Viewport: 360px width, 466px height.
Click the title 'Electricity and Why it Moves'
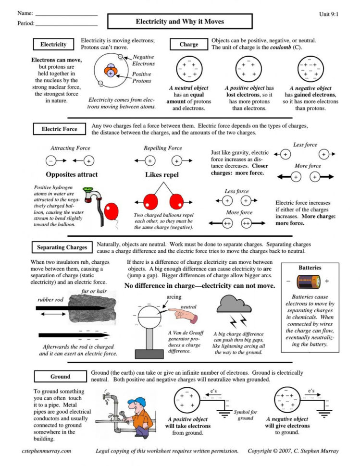point(179,22)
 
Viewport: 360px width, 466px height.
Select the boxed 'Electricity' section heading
point(53,45)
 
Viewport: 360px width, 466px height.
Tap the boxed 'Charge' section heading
point(188,45)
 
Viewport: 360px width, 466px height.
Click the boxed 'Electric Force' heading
point(59,129)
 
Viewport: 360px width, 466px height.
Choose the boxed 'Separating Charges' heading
point(62,247)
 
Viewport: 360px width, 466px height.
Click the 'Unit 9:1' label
point(329,14)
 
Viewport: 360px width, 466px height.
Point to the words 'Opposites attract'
point(72,174)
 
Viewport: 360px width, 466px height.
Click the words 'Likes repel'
point(162,175)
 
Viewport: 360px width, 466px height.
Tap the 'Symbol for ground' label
point(246,415)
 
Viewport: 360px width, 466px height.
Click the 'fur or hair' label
point(94,291)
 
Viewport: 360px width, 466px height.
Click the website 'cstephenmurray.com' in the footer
point(47,451)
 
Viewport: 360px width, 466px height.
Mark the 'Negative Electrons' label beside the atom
point(144,60)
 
